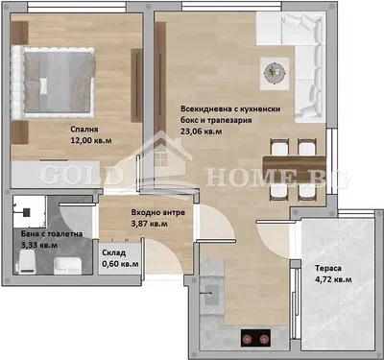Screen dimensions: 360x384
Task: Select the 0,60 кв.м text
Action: tap(120, 264)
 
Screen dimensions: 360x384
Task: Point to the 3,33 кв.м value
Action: tap(39, 246)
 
